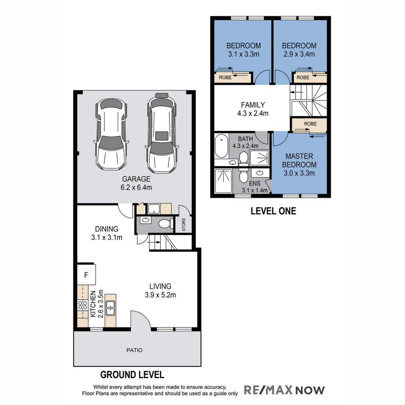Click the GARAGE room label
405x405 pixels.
(136, 179)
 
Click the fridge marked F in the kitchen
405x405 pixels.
(86, 275)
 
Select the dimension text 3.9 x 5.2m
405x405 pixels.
(160, 295)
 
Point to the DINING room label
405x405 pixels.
(106, 229)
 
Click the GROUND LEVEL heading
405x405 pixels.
(132, 374)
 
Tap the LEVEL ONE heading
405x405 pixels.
(273, 211)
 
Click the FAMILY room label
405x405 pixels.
(253, 105)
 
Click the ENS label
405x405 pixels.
(253, 184)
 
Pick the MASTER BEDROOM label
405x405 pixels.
(299, 160)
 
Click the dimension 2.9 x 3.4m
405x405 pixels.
(299, 54)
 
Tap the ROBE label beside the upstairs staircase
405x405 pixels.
(310, 124)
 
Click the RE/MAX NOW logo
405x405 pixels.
(284, 390)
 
